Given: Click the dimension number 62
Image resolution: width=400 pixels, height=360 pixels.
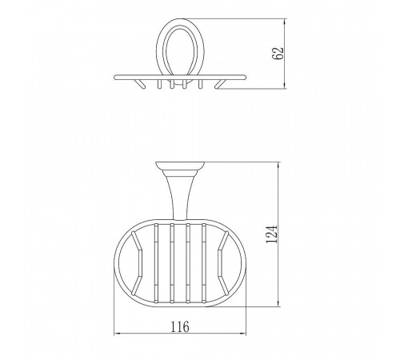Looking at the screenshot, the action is [x=278, y=54].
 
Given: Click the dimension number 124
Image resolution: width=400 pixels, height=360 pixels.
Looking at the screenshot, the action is [x=272, y=234].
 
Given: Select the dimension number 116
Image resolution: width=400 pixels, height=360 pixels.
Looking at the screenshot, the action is [x=180, y=326].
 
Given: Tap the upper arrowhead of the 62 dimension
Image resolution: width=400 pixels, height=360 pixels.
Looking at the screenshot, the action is [x=285, y=22].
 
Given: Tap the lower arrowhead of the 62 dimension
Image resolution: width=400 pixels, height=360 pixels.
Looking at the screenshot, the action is [x=285, y=86].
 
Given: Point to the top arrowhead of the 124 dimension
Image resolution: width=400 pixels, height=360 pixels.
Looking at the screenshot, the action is [x=278, y=166].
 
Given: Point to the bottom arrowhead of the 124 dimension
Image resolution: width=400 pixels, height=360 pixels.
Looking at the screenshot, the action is [x=278, y=303].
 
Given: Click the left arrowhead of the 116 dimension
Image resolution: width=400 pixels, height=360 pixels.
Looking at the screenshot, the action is [x=118, y=334].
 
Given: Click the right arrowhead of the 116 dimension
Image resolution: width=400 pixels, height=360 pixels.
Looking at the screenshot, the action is [x=242, y=334].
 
